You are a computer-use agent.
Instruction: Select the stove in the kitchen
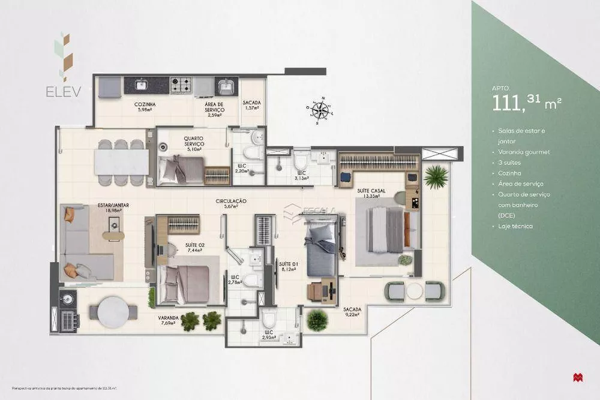[x=181, y=85]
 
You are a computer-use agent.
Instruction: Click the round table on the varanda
[x=113, y=312]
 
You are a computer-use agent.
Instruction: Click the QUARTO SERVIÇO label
[x=194, y=141]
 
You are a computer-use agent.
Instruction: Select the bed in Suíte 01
[x=322, y=252]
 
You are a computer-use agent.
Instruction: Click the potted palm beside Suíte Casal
[x=436, y=177]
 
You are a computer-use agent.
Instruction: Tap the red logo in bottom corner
[x=577, y=377]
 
